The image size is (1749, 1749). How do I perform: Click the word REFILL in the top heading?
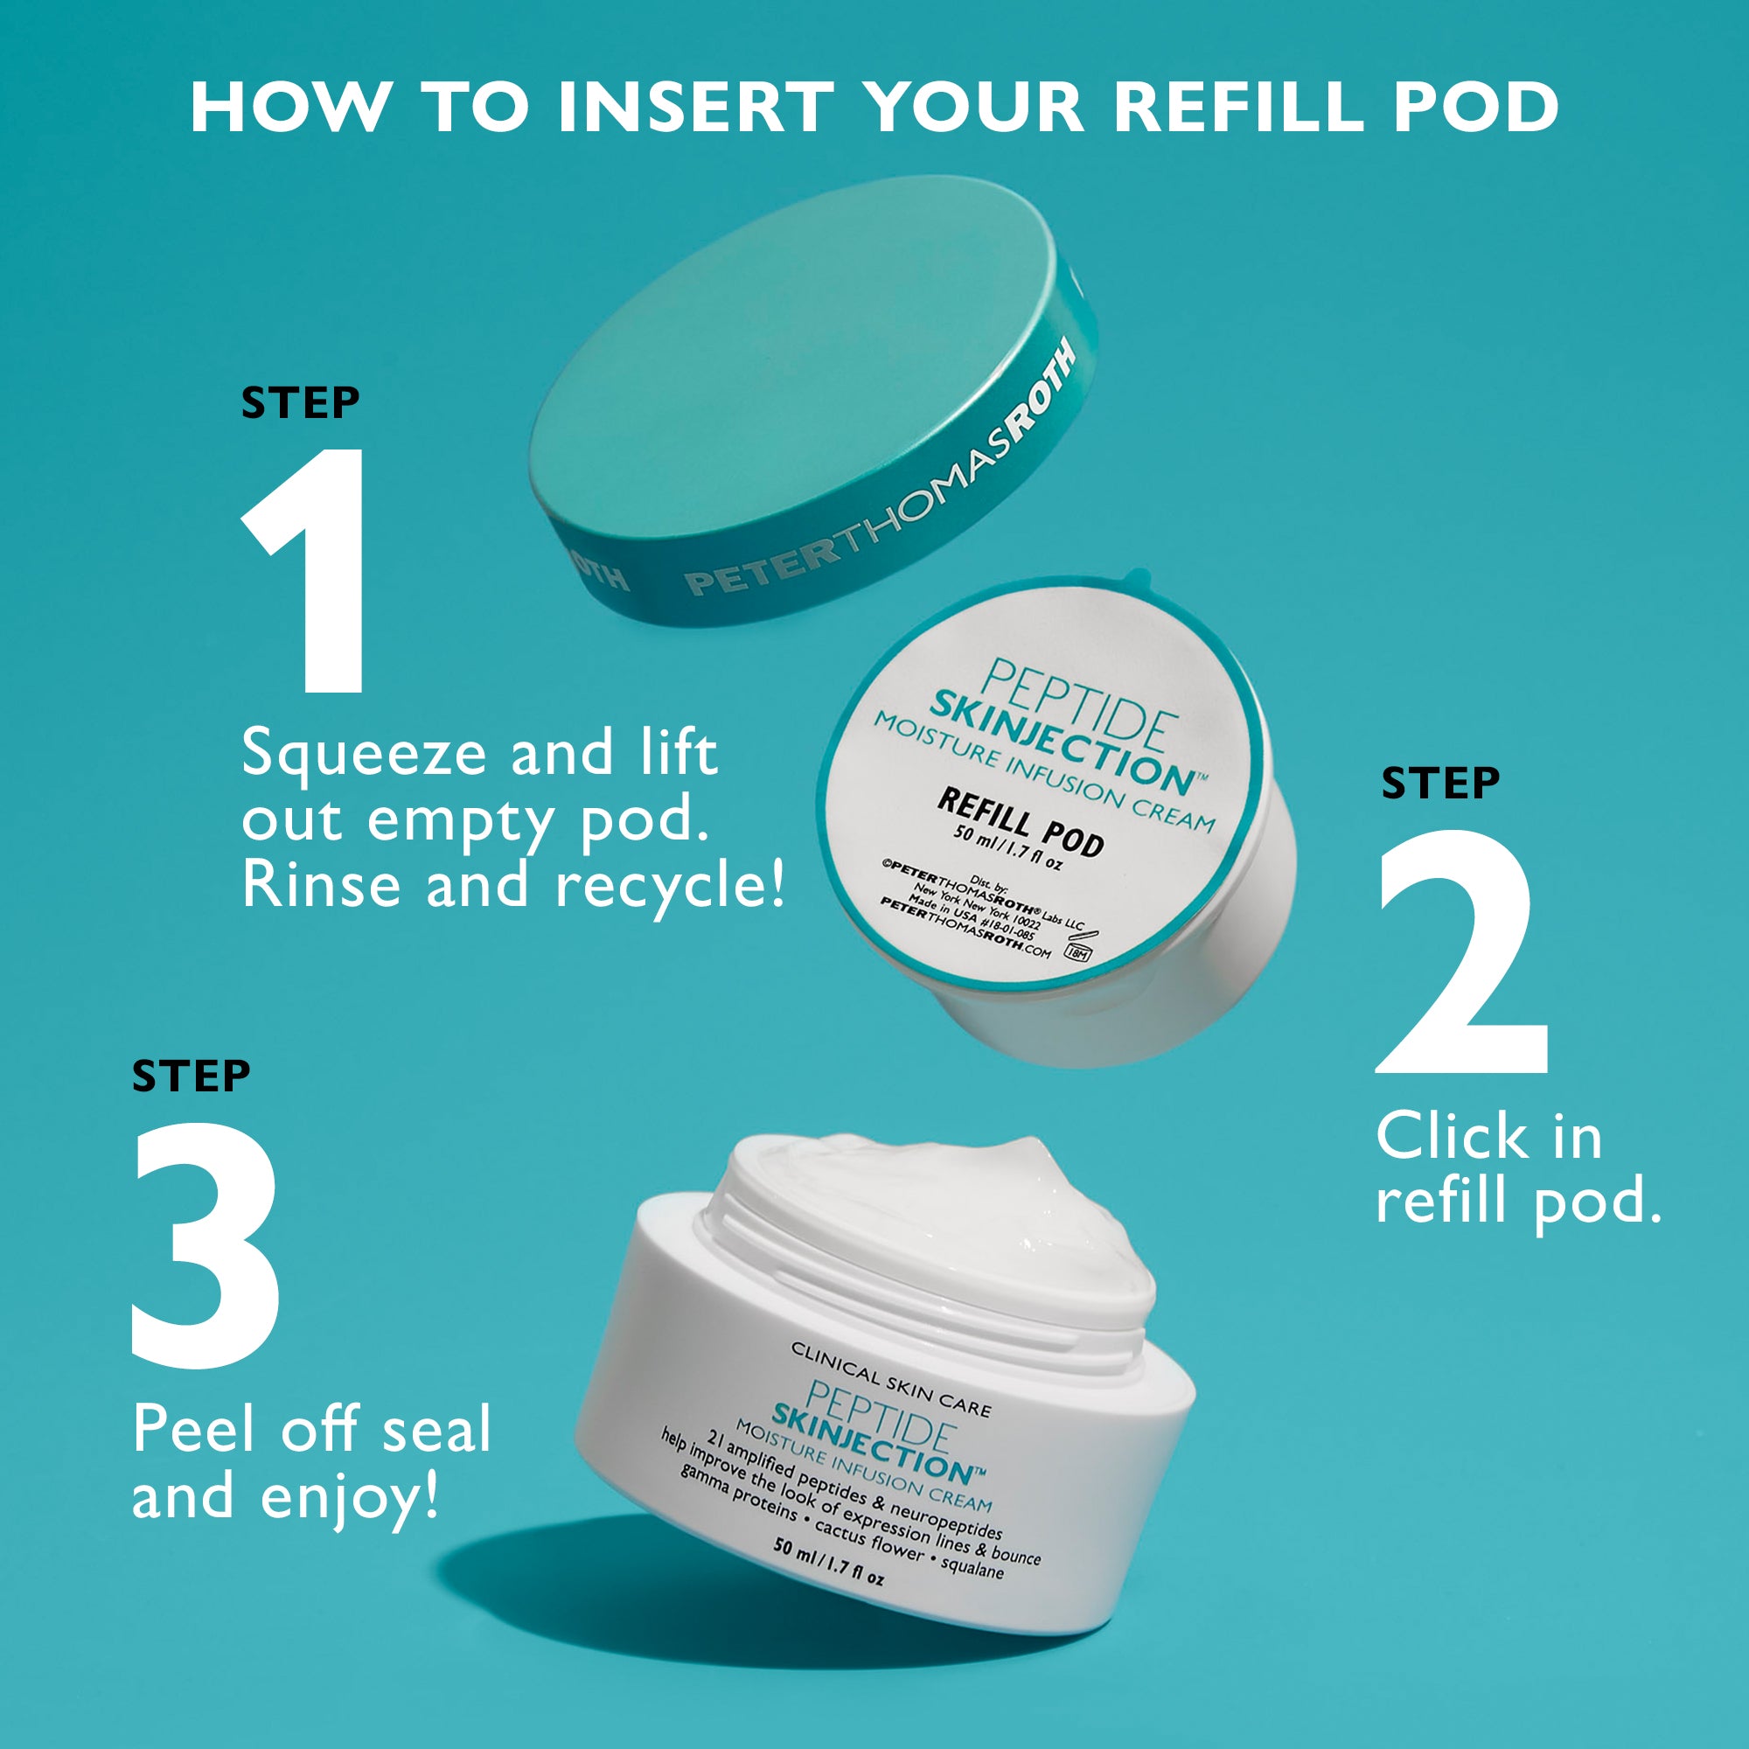tap(1239, 107)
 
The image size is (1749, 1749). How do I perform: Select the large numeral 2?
tap(1461, 952)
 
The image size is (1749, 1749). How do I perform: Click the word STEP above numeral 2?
tap(1440, 784)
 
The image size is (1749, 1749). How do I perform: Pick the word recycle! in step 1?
tap(669, 885)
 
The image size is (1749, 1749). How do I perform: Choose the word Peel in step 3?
tap(195, 1430)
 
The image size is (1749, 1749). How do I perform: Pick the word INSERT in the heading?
tap(696, 107)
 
